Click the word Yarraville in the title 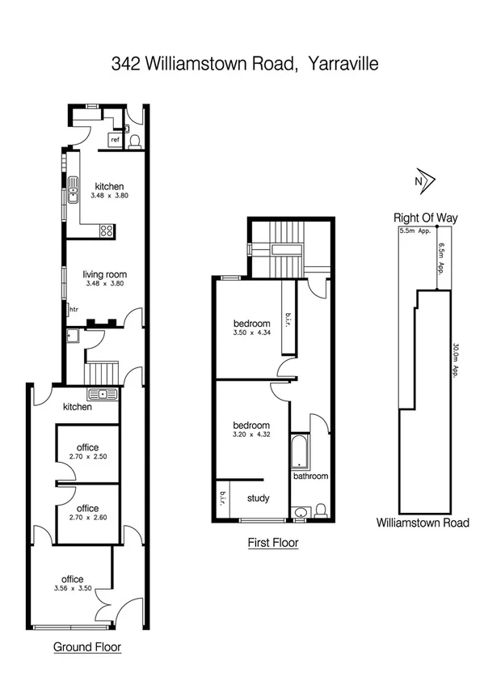tap(339, 64)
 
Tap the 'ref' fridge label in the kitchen tap(116, 140)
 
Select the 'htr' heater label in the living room tap(74, 309)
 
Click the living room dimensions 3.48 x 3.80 tap(105, 285)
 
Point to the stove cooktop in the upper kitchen tap(106, 230)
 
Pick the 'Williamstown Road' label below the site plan tap(422, 523)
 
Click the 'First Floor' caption tap(273, 544)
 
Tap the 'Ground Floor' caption tap(87, 647)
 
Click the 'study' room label tap(259, 498)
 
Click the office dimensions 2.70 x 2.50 tap(87, 457)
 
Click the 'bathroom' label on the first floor tap(310, 476)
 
